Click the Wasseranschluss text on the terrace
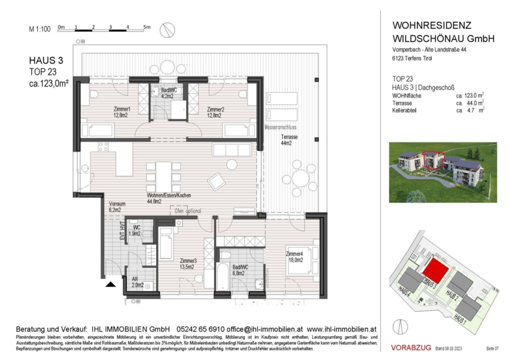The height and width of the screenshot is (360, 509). coord(281,128)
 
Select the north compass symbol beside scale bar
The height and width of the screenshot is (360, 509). coord(167,28)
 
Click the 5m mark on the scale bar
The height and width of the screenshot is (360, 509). coord(146,27)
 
